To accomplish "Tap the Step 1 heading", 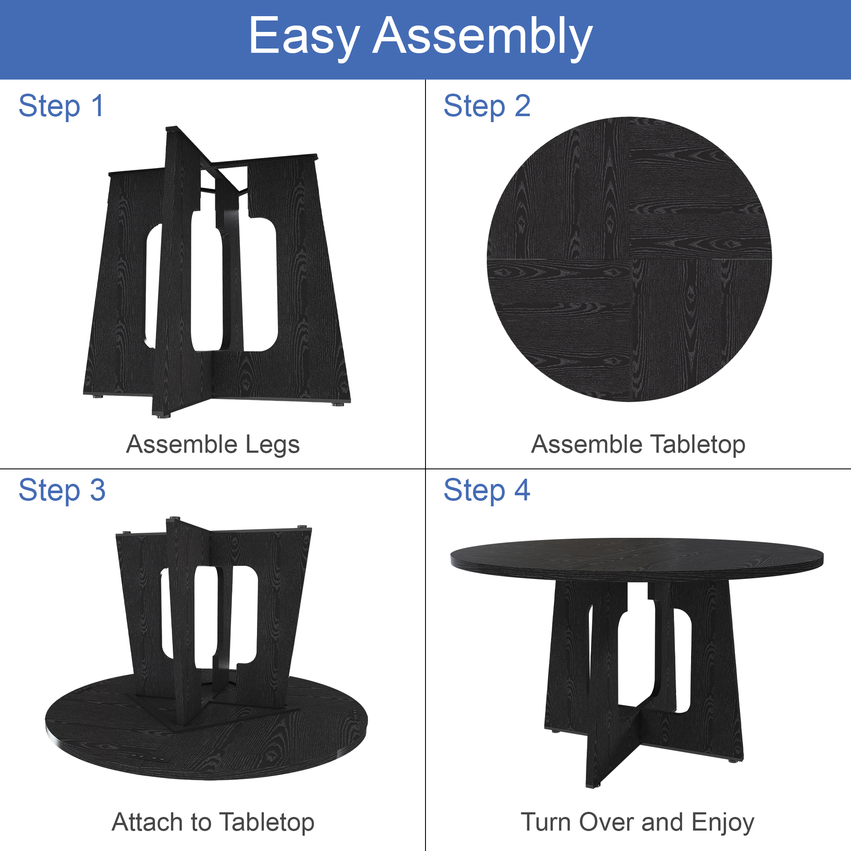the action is coord(61,107).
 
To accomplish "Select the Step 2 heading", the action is coord(487,107).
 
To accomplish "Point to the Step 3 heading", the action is coord(62,491).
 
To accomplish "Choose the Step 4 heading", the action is coord(487,491).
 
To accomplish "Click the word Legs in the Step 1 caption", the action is coord(272,445).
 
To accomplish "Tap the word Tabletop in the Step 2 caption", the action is coord(698,445).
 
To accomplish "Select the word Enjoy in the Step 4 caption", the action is coord(723,823).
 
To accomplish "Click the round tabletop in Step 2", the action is coord(629,259).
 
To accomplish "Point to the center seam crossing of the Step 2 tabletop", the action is coord(629,259).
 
